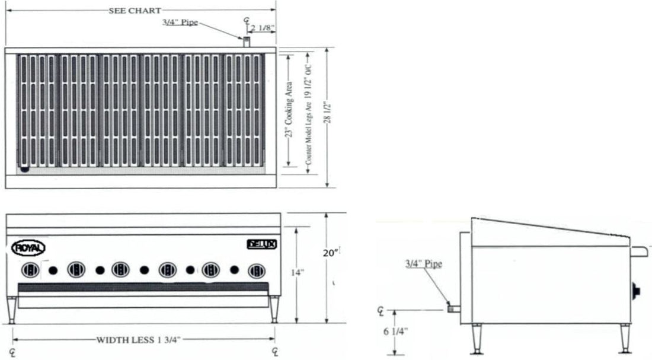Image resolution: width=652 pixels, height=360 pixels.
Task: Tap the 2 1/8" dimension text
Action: click(x=263, y=27)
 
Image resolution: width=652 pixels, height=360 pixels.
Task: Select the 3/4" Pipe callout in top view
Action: click(x=180, y=23)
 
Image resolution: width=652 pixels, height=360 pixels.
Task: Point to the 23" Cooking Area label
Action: click(x=289, y=110)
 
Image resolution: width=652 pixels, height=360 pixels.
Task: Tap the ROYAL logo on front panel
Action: click(x=28, y=248)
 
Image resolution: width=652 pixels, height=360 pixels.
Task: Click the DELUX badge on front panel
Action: click(x=262, y=243)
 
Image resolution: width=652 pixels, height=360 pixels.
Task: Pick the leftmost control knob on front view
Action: click(x=31, y=270)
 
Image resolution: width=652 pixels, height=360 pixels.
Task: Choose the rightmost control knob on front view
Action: click(x=257, y=271)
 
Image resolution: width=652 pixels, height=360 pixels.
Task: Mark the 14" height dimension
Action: click(x=298, y=272)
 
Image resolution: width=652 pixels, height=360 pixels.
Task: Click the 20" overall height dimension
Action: click(x=330, y=253)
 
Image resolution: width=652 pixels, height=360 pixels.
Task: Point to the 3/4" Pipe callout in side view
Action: click(x=423, y=263)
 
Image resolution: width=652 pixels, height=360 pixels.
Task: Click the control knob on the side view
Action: click(x=637, y=291)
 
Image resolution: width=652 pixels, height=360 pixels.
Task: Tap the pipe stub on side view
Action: click(x=453, y=308)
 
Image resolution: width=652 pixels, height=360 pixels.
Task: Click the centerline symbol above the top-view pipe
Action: click(x=247, y=22)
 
